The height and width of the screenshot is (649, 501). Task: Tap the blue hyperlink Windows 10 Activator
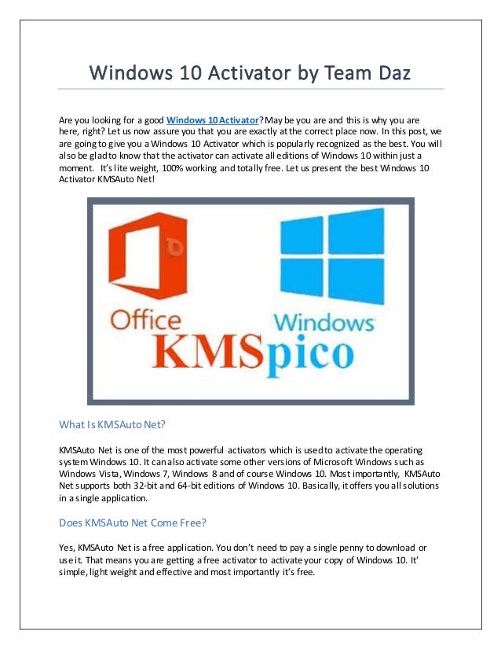coord(211,119)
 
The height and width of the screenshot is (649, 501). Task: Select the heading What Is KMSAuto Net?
coord(112,424)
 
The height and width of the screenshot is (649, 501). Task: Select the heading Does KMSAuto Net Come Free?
coord(133,521)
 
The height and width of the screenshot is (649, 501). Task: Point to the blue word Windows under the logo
coord(323,322)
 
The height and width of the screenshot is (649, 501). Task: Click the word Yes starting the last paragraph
coord(67,547)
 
